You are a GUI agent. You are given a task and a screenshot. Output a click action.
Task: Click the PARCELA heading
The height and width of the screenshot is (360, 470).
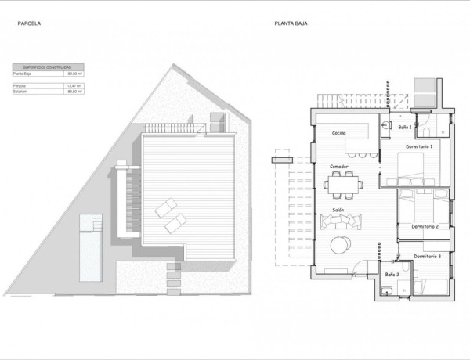29,24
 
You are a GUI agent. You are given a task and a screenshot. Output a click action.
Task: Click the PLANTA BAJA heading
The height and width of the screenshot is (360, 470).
291,24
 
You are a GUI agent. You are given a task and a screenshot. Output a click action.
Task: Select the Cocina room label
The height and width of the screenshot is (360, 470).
339,133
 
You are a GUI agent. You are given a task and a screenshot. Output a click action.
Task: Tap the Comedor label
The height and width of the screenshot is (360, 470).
338,167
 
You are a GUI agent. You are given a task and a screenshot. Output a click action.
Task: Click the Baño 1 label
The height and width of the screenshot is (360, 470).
404,127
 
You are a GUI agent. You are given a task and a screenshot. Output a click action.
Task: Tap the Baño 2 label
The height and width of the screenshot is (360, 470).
392,275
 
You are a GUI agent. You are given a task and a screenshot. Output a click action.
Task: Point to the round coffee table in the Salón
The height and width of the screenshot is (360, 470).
342,245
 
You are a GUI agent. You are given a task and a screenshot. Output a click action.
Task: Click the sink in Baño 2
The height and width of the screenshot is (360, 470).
385,290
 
